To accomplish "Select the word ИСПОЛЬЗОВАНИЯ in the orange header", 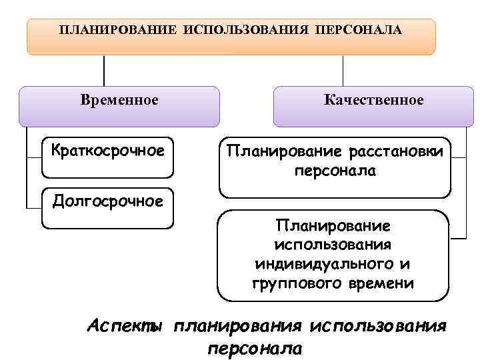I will click(249, 30).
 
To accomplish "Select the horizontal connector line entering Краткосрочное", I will click(33, 157).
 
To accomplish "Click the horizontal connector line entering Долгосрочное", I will click(33, 207).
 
